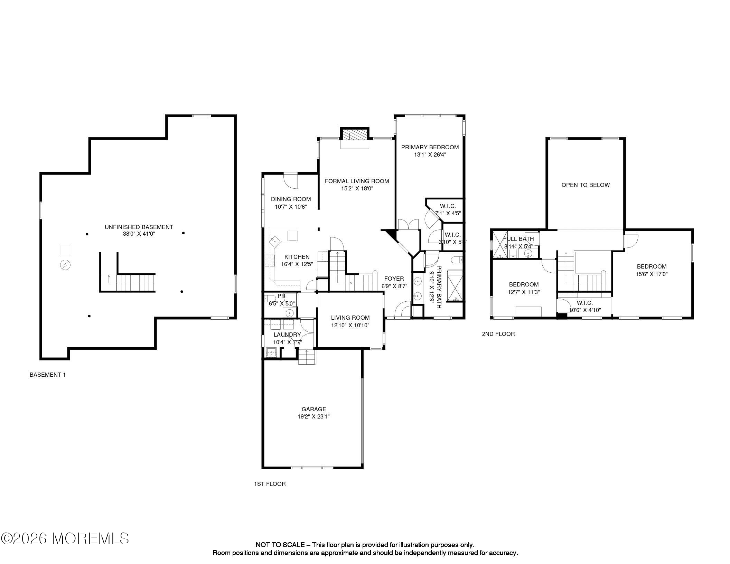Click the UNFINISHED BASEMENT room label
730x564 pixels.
139,227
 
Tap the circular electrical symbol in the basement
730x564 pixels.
65,265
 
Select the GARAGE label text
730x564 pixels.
313,409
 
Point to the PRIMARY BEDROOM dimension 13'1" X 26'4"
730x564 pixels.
430,155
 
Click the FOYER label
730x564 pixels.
394,279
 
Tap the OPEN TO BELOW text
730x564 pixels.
586,185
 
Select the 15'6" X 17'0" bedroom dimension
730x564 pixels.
652,274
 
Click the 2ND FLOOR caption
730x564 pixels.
498,334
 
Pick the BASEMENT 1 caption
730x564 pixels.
47,375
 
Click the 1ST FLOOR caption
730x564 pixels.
270,484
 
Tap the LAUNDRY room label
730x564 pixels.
287,335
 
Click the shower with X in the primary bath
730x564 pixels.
456,286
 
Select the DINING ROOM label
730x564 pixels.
291,199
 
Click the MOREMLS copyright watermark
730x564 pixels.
65,538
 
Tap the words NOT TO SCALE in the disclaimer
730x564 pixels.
280,545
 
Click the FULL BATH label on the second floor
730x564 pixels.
518,239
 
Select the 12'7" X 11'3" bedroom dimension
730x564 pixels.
524,292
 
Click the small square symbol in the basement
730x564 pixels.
65,250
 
